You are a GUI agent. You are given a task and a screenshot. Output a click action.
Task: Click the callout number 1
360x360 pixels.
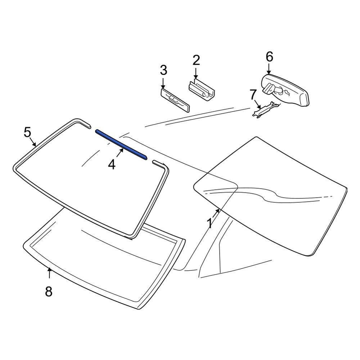(x=210, y=223)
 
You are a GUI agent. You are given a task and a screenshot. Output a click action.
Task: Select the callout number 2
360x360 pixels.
(x=196, y=60)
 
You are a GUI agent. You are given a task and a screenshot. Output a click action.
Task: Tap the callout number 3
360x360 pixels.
(x=163, y=70)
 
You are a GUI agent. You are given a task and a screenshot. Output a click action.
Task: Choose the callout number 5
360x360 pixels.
(x=27, y=132)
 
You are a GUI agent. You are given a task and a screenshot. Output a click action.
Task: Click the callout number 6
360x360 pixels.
(x=269, y=57)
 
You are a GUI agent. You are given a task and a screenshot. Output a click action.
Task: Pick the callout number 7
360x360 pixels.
(x=253, y=95)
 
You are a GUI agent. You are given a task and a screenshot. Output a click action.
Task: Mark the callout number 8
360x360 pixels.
(x=49, y=292)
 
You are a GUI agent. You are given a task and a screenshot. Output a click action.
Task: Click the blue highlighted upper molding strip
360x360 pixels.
(x=121, y=144)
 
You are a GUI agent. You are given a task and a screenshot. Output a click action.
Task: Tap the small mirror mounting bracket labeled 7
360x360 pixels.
(x=266, y=110)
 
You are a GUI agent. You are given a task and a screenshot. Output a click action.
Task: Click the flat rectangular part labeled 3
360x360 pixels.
(x=175, y=100)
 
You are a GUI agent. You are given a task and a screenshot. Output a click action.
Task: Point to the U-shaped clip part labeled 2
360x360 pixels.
(x=201, y=89)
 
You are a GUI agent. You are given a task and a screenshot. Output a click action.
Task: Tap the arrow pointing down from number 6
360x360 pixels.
(x=269, y=69)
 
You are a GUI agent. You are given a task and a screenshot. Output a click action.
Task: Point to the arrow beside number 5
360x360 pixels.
(x=33, y=142)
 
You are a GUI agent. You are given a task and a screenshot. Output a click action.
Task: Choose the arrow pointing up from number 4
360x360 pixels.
(x=120, y=153)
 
